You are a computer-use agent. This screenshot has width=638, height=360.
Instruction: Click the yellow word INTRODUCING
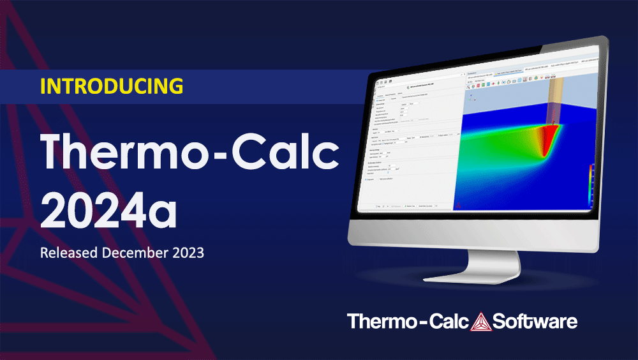point(112,86)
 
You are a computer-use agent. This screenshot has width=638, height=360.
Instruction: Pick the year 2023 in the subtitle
point(187,253)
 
